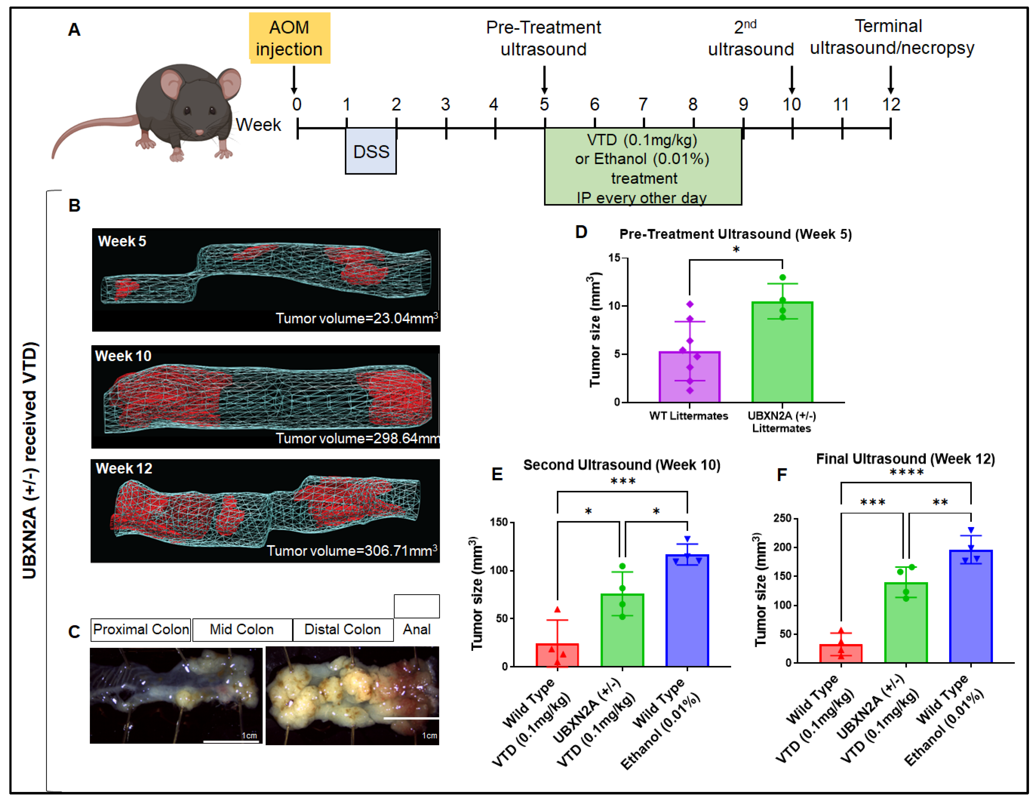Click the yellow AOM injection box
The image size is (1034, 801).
(289, 38)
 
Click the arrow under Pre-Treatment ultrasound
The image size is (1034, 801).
(544, 80)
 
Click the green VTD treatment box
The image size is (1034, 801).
(642, 167)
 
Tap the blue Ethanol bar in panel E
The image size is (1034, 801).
(687, 611)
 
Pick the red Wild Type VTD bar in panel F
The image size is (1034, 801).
(841, 653)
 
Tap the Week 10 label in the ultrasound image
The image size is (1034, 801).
(123, 356)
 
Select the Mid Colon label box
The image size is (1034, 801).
(242, 629)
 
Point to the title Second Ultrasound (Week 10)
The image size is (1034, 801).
(622, 465)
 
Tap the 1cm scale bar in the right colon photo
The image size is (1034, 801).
(411, 719)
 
